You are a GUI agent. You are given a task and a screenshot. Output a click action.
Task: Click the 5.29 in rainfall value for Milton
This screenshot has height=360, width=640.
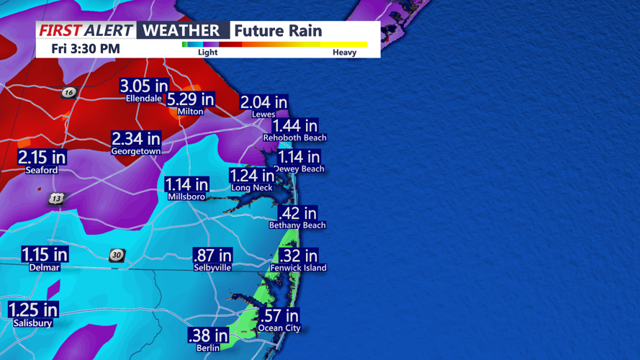click(191, 99)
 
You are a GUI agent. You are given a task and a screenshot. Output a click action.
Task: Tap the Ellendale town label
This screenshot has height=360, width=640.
click(144, 99)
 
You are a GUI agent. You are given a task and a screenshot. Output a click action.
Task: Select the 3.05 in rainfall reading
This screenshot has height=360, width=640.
click(144, 86)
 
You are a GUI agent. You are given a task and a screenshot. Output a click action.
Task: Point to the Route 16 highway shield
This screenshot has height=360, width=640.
click(69, 92)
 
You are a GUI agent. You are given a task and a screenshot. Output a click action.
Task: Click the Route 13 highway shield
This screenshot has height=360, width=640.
click(56, 199)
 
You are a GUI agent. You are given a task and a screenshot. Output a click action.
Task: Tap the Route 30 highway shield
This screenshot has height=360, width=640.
click(117, 256)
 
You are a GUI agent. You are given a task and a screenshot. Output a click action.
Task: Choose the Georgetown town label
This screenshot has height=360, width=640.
click(135, 152)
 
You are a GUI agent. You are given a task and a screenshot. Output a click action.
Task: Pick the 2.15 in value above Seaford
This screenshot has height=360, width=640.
click(42, 158)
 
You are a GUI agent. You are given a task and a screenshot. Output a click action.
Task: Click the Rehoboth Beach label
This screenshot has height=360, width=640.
click(294, 138)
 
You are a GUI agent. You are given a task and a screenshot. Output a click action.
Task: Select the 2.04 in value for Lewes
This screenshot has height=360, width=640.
click(263, 103)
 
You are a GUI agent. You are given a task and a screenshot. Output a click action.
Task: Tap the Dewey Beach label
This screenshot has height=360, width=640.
click(299, 169)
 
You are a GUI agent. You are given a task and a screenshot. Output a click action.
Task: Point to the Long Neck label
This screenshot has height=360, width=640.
click(251, 188)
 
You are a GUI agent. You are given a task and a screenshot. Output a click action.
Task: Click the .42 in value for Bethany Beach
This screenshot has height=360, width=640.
click(297, 213)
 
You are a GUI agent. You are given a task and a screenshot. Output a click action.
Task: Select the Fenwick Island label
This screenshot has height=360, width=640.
click(298, 268)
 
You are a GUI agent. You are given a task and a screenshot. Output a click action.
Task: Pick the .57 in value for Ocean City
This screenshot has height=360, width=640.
click(279, 316)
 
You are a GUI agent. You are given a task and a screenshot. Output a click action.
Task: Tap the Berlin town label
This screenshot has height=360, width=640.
click(208, 348)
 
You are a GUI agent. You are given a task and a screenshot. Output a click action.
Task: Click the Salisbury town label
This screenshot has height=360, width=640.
click(32, 323)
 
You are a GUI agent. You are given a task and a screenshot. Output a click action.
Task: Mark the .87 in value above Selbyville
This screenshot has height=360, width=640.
click(212, 256)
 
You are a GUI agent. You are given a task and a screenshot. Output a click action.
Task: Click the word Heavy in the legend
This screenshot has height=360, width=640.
click(344, 53)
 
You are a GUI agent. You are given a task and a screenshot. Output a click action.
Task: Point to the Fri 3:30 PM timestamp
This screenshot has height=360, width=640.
click(86, 49)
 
